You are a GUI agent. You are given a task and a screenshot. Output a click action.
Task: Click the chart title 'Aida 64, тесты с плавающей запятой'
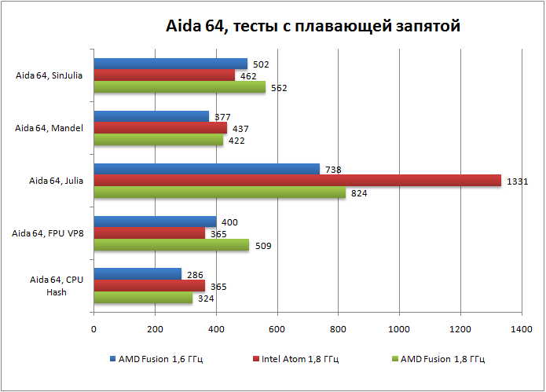click(313, 27)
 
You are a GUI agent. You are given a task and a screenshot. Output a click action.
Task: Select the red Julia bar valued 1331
click(297, 181)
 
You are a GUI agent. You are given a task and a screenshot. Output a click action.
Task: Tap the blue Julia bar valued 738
click(207, 169)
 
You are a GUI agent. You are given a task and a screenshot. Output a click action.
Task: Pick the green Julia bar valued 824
click(220, 192)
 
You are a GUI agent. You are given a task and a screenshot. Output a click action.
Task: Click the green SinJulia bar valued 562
click(180, 87)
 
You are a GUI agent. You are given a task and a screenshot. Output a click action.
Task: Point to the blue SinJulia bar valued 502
click(170, 64)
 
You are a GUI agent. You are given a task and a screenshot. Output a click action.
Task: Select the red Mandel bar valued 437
click(160, 128)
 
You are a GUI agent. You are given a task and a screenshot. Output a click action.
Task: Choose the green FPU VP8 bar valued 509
click(171, 245)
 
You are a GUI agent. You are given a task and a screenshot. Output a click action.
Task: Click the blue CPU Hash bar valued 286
click(137, 274)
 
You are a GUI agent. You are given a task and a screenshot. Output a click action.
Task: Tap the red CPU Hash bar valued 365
click(149, 286)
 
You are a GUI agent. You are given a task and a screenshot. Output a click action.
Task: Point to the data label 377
click(222, 117)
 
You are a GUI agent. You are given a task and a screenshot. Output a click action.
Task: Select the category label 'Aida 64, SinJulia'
click(49, 76)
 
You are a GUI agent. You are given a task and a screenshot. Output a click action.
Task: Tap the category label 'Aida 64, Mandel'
click(49, 128)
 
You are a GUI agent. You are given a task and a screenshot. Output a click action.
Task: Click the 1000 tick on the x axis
click(399, 328)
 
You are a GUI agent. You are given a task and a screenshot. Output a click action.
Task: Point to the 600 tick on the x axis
click(277, 328)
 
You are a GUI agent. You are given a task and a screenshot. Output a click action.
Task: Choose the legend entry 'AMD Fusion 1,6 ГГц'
click(161, 359)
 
